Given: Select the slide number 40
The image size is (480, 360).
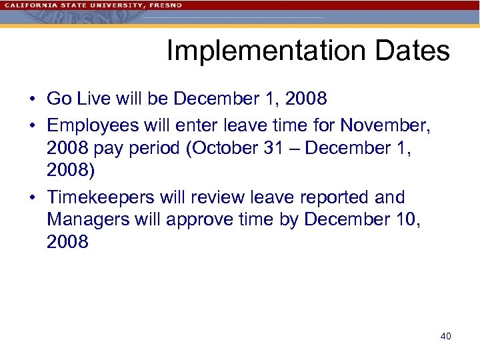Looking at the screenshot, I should pyautogui.click(x=445, y=336).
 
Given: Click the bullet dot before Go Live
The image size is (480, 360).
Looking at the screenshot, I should pyautogui.click(x=32, y=99).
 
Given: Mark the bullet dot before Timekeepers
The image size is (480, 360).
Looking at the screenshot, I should pyautogui.click(x=32, y=198).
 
